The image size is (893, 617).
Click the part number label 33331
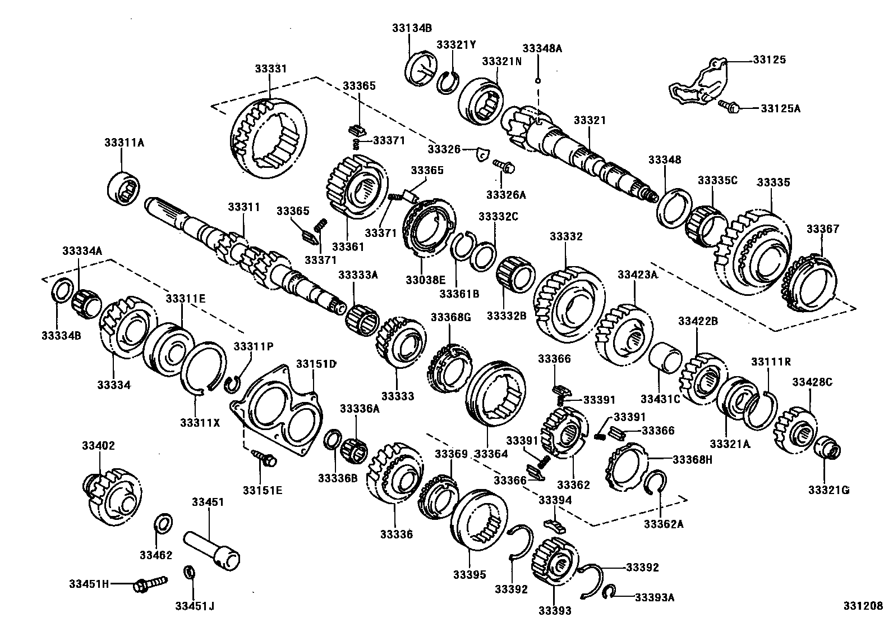pyautogui.click(x=270, y=68)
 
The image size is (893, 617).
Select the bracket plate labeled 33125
pyautogui.click(x=697, y=84)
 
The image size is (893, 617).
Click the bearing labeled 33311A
pyautogui.click(x=126, y=186)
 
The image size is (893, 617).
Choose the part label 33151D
pyautogui.click(x=316, y=364)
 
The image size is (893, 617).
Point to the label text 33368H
pyautogui.click(x=692, y=460)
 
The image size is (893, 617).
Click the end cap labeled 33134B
pyautogui.click(x=421, y=70)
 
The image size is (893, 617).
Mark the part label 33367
pyautogui.click(x=823, y=229)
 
